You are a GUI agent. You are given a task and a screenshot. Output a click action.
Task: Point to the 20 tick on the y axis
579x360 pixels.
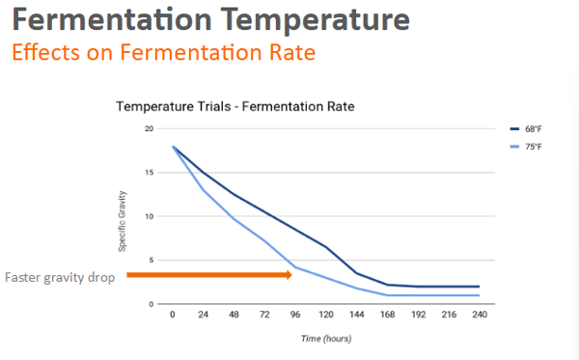click(149, 128)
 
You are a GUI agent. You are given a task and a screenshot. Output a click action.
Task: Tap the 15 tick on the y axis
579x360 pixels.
click(149, 173)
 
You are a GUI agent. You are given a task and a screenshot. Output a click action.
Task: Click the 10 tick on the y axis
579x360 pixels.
click(149, 216)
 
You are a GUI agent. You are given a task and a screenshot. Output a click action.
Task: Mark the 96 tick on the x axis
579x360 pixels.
click(295, 315)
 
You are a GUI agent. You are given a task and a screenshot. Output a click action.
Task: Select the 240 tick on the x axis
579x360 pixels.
click(480, 315)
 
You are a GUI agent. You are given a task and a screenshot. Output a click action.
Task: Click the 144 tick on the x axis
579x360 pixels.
click(357, 315)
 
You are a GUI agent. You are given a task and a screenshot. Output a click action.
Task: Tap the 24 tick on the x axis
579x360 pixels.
click(203, 315)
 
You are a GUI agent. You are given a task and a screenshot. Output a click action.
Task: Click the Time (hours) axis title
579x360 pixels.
click(324, 338)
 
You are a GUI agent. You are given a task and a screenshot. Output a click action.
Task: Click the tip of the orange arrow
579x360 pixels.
click(291, 275)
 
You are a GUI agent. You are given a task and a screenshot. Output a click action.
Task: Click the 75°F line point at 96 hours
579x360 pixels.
click(295, 266)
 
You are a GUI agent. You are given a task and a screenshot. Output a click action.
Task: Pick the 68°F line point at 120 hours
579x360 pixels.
click(326, 248)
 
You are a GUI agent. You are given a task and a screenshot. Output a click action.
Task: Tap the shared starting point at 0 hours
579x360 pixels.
click(173, 147)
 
